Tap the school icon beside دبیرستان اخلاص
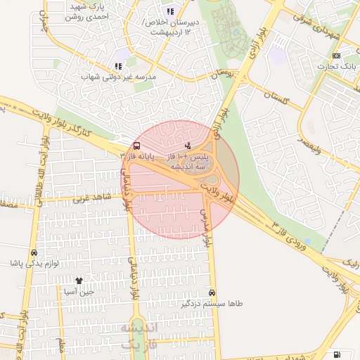tap(169, 11)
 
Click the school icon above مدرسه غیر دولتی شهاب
tap(118, 66)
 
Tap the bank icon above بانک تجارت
tap(336, 56)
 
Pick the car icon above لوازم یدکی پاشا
tap(34, 253)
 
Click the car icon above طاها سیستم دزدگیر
tap(212, 292)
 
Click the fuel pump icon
tap(337, 354)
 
